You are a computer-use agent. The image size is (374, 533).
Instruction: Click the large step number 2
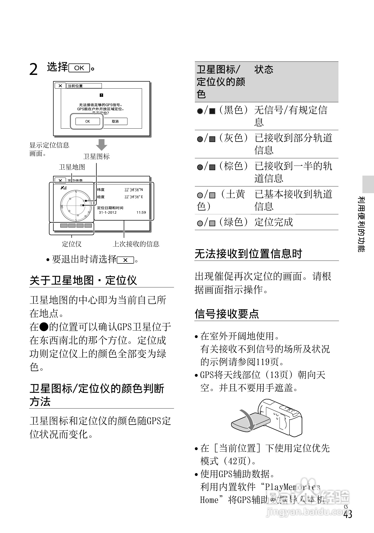click(34, 69)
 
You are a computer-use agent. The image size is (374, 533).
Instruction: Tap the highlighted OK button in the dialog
click(87, 121)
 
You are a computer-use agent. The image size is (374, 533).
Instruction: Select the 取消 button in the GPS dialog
click(115, 121)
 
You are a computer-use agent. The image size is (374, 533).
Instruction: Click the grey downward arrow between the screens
click(101, 144)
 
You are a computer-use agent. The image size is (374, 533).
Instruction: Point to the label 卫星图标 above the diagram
click(96, 156)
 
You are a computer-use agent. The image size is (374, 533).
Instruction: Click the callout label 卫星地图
click(72, 167)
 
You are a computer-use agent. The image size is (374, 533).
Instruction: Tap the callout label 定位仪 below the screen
click(72, 244)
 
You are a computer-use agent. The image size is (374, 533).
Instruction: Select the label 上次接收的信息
click(136, 244)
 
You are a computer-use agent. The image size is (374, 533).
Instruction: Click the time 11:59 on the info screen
click(141, 213)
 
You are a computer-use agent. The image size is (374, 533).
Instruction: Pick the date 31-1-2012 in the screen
click(107, 213)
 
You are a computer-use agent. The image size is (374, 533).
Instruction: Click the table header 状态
click(264, 69)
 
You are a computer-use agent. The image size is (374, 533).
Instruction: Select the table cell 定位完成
click(274, 222)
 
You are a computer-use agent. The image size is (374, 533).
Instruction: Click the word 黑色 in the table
click(234, 110)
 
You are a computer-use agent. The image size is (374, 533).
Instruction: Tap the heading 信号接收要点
click(227, 314)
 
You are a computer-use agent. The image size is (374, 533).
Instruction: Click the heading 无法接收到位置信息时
click(248, 254)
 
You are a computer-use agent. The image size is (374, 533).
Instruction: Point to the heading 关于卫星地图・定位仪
click(83, 280)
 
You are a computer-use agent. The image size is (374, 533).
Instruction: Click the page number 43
click(347, 514)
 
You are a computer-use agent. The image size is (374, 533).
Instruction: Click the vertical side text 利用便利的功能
click(361, 224)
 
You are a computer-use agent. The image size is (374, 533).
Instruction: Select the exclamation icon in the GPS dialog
click(101, 95)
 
